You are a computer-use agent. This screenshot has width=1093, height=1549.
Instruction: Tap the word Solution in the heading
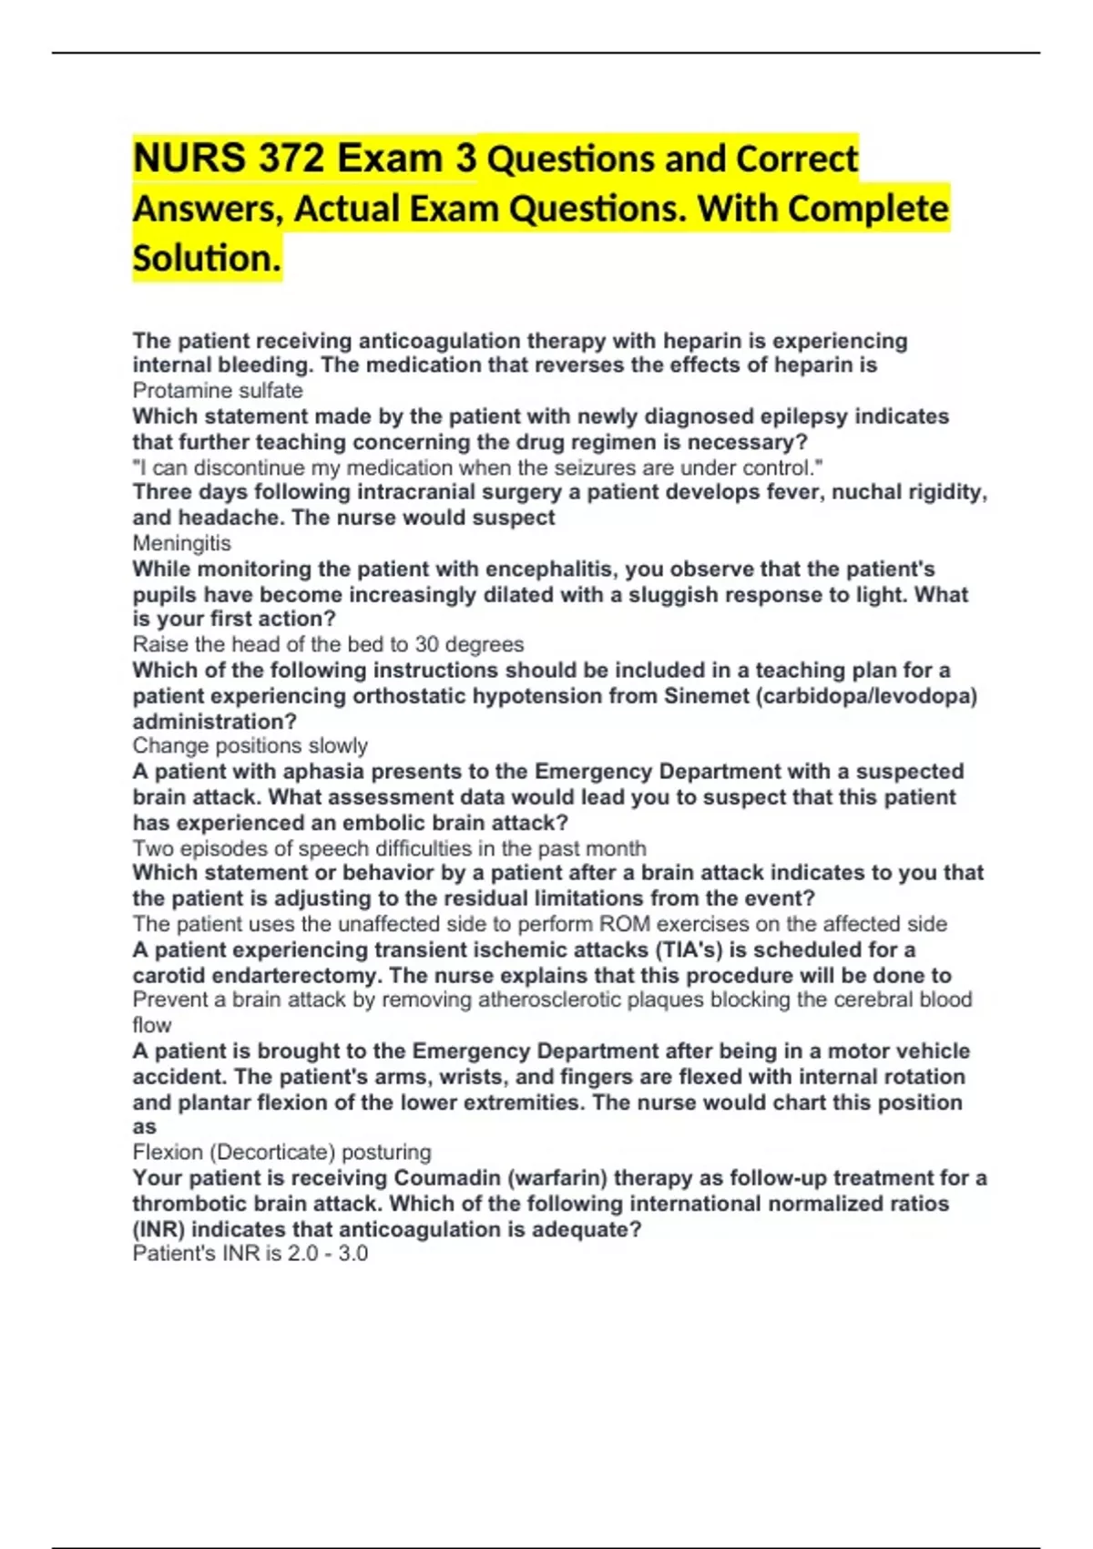(x=207, y=258)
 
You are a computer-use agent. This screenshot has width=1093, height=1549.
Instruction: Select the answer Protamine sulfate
(x=218, y=391)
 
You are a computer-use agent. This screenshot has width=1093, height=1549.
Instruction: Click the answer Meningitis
(x=181, y=543)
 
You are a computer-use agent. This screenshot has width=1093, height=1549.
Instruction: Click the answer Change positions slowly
(x=250, y=745)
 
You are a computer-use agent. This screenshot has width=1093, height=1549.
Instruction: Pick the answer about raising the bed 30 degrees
(x=328, y=644)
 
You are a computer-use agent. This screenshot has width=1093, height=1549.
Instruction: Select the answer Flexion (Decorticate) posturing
(x=281, y=1152)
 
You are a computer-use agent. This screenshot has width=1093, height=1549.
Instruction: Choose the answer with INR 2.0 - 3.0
(x=250, y=1254)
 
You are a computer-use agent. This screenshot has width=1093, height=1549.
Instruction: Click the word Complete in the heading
(x=867, y=209)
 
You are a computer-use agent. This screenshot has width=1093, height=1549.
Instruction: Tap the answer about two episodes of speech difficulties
(x=389, y=848)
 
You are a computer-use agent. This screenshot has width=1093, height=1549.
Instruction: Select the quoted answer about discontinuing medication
(x=478, y=468)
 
